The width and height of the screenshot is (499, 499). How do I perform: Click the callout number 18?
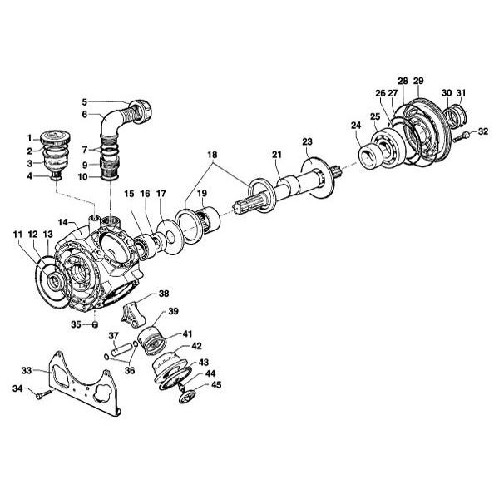pos(211,156)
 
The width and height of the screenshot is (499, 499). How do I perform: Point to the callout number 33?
pos(27,371)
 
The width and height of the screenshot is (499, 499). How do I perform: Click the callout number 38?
pos(164,294)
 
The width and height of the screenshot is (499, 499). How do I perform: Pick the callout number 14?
pos(62,222)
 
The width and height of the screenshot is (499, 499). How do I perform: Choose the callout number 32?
pos(484,131)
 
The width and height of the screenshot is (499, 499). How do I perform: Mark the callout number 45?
pos(216,384)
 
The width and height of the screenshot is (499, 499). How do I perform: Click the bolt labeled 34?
pos(42,393)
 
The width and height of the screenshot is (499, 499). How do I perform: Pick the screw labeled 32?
pos(463,135)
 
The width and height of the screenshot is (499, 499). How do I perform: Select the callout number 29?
pos(418,81)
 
